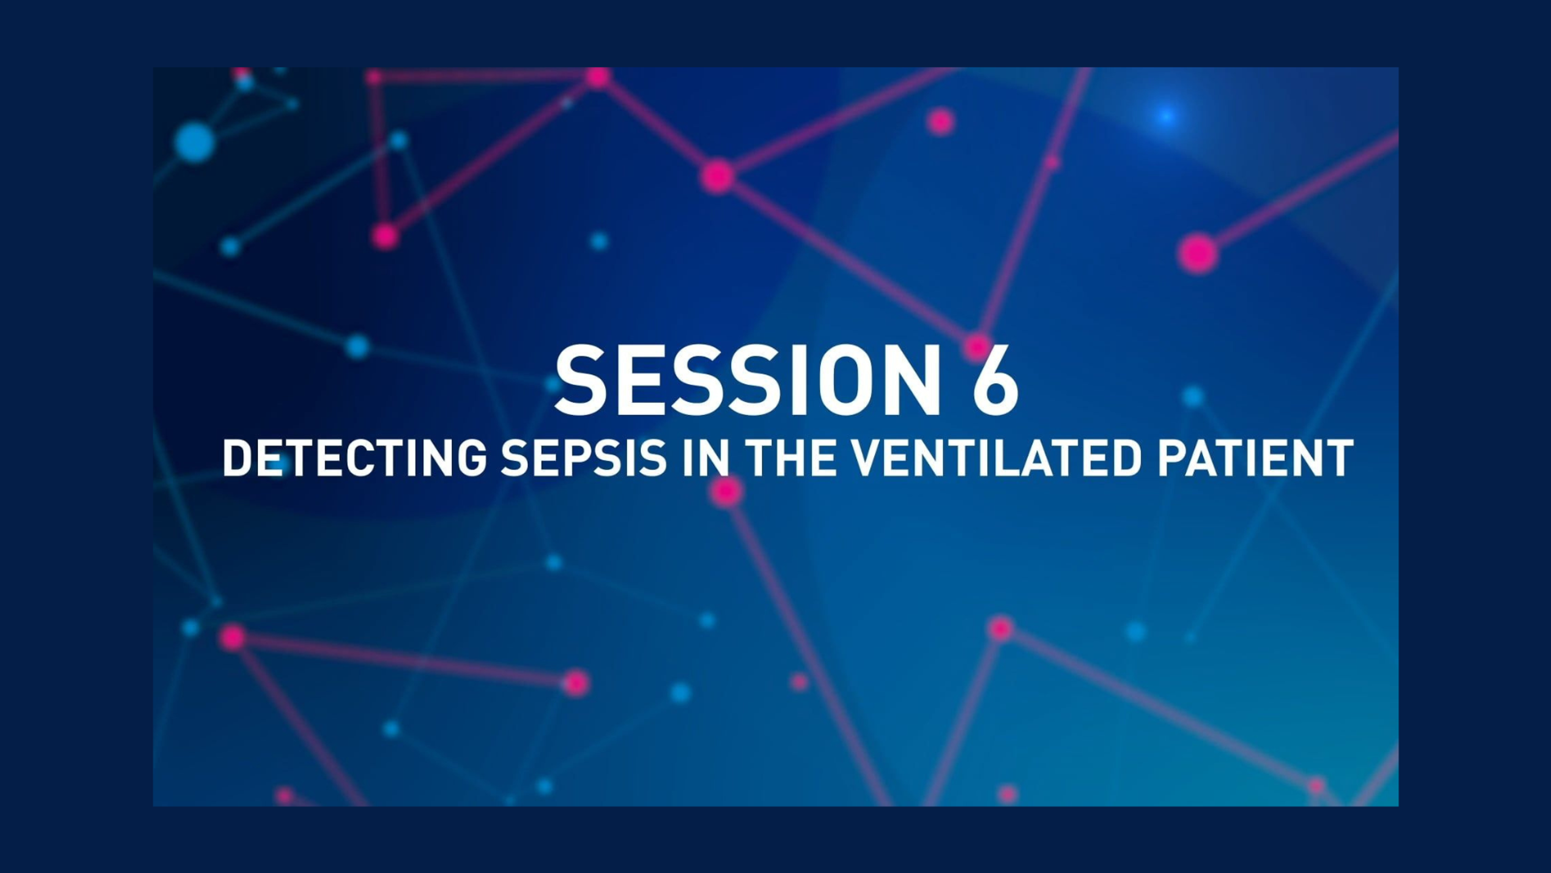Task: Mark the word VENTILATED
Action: pos(1000,458)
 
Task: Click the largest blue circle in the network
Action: pos(194,143)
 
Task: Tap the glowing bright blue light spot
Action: pos(1166,116)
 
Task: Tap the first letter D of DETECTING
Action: pos(238,458)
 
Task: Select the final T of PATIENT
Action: pos(1340,458)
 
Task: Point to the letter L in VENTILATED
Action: pos(1019,458)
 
